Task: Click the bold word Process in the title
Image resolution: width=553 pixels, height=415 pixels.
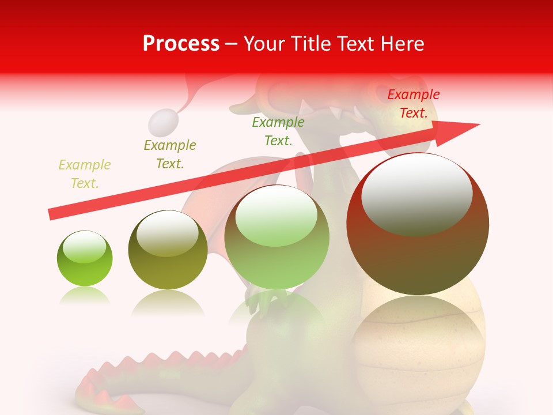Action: pyautogui.click(x=181, y=44)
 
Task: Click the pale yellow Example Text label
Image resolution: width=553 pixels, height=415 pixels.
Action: pyautogui.click(x=85, y=174)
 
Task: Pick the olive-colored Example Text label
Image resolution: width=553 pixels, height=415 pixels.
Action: pyautogui.click(x=170, y=154)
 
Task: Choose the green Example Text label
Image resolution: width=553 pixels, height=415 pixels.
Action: pyautogui.click(x=278, y=131)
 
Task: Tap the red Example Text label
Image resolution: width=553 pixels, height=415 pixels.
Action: pyautogui.click(x=414, y=104)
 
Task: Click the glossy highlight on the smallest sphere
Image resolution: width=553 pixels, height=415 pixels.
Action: pyautogui.click(x=85, y=248)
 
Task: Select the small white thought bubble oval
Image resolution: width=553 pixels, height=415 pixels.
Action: pyautogui.click(x=162, y=122)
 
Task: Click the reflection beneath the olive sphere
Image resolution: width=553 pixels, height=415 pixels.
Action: pyautogui.click(x=168, y=303)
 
